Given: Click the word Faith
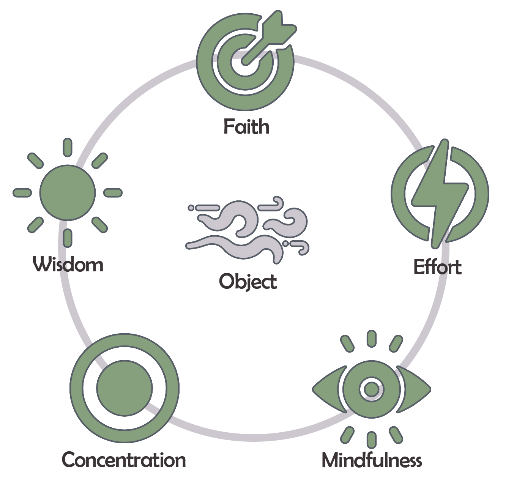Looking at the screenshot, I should point(246,126).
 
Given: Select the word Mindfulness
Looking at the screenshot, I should point(372,460).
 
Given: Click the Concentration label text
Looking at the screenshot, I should point(124,460).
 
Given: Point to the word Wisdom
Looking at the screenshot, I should point(68,264).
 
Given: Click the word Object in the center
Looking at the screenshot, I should point(248,282).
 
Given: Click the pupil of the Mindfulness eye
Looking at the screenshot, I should point(372,389).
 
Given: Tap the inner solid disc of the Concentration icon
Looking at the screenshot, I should point(125,388).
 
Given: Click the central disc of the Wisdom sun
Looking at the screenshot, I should point(68,192).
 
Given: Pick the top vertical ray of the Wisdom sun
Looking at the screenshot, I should point(68,147).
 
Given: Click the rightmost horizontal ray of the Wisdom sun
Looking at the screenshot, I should point(113,193).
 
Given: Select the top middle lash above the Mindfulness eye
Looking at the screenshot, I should point(372,339).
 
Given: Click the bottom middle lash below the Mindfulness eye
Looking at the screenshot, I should point(372,440).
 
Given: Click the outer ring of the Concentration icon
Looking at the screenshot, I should point(77,388).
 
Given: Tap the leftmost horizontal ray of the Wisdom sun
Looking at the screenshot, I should point(22,193).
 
